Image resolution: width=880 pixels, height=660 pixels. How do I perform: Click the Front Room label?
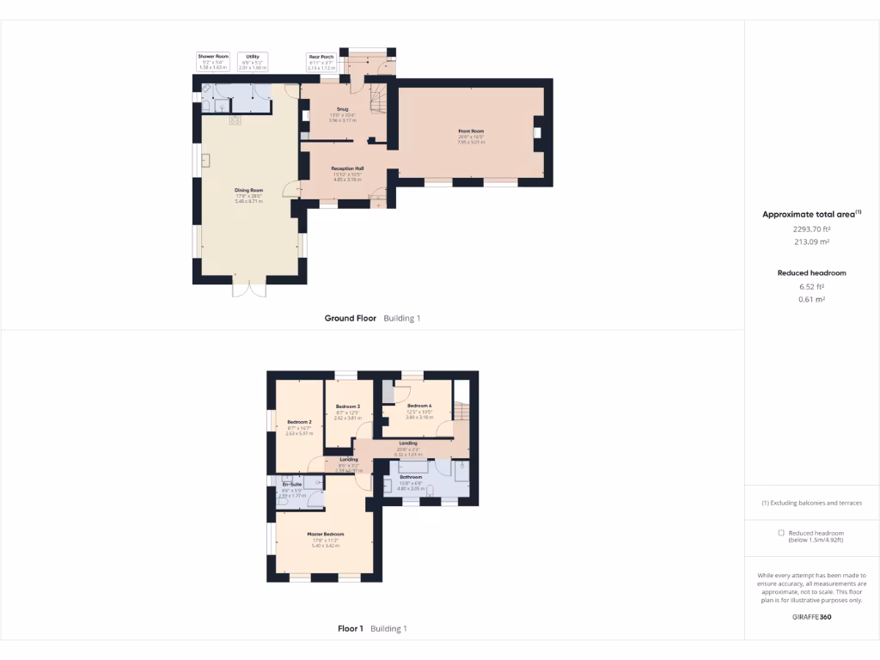click(471, 131)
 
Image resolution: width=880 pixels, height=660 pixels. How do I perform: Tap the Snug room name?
click(342, 109)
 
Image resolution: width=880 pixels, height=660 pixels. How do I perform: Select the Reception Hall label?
click(348, 169)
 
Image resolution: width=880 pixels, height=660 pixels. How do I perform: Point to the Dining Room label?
click(249, 190)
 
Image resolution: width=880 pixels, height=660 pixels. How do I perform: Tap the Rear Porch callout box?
click(321, 61)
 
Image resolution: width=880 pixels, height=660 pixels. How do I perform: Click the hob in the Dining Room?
click(235, 121)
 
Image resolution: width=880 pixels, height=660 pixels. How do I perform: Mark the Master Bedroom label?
click(324, 535)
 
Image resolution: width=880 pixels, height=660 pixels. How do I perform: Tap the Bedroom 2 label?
click(299, 422)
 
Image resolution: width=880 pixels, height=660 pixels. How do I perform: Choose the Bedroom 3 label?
click(347, 406)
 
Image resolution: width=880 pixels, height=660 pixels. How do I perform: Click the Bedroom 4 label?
click(419, 406)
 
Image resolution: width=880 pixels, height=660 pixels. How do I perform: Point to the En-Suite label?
click(293, 485)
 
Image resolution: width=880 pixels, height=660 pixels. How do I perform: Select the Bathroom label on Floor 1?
click(411, 476)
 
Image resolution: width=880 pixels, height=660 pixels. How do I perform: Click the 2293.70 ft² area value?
click(811, 229)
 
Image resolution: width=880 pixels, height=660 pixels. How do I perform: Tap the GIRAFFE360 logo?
click(811, 616)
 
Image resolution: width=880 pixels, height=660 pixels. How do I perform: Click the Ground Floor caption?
click(351, 318)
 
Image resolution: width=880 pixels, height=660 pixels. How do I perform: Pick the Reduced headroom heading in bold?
click(811, 272)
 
